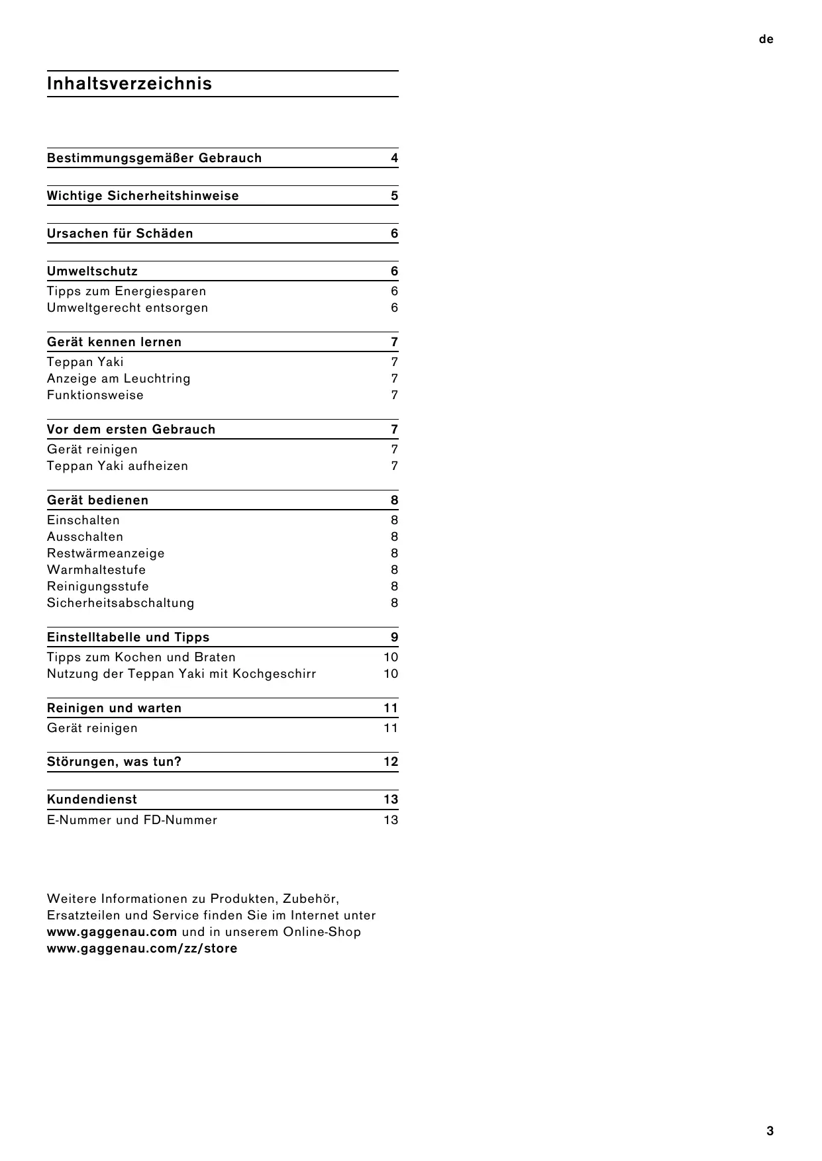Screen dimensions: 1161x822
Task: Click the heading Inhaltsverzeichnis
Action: click(129, 84)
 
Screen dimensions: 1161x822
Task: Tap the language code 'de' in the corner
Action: click(766, 40)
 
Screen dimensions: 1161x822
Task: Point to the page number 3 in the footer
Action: click(770, 1131)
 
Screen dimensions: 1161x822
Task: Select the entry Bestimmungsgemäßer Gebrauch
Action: click(154, 158)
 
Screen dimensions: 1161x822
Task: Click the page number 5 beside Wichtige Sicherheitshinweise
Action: click(394, 196)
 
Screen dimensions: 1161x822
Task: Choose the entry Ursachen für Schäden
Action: click(120, 234)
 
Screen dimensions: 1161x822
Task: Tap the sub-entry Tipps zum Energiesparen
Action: click(127, 291)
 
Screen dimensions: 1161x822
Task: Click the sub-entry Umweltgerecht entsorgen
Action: click(127, 308)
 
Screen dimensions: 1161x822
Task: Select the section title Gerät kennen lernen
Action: click(114, 342)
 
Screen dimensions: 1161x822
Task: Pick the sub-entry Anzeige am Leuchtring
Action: click(119, 379)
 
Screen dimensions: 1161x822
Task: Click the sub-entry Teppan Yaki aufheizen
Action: click(117, 466)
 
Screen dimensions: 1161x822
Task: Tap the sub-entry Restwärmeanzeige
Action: click(105, 553)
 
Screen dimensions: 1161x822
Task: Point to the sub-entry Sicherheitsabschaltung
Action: click(121, 603)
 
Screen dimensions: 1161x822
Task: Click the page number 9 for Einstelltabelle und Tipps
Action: click(394, 637)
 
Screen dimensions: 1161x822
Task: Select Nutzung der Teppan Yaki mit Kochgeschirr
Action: click(181, 674)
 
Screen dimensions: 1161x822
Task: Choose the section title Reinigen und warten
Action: click(114, 708)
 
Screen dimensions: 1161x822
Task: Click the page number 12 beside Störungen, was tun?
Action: click(391, 762)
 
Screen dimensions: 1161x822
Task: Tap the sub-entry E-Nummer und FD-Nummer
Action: click(132, 820)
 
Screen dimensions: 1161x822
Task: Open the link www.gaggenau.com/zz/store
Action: click(142, 949)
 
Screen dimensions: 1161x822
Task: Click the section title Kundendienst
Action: click(92, 800)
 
